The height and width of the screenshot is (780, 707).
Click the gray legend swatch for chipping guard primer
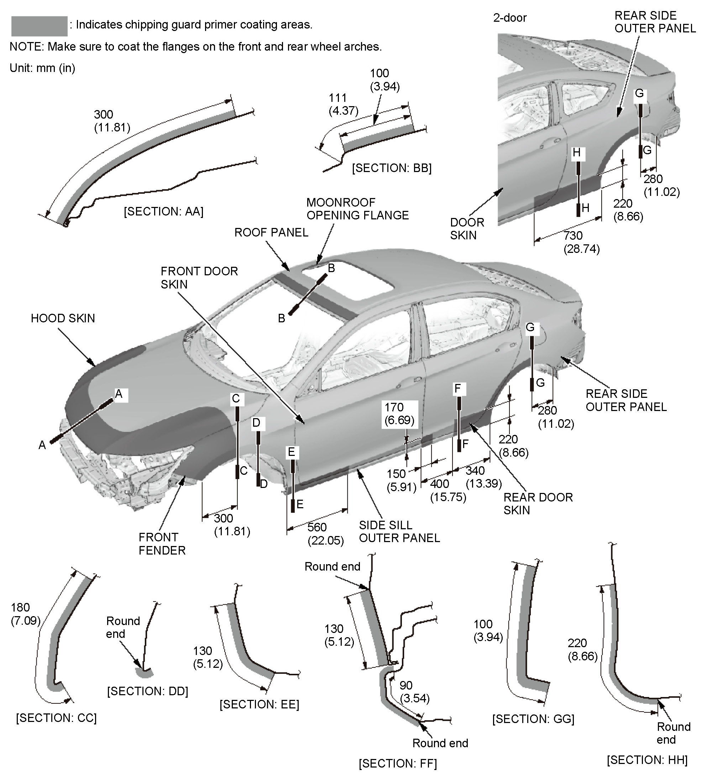[x=39, y=26]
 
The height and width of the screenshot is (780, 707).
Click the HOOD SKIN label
[x=63, y=318]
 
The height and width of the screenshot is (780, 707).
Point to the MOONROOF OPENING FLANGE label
[x=357, y=209]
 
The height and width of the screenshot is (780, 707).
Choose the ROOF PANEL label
[x=271, y=233]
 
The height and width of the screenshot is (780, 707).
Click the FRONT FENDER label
[x=162, y=544]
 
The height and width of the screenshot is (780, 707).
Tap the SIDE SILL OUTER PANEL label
[x=399, y=532]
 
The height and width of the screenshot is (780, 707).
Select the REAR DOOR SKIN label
[x=538, y=504]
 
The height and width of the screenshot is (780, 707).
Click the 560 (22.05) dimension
[x=325, y=534]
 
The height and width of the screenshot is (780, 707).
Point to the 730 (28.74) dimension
[x=581, y=242]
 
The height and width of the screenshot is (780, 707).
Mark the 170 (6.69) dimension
[x=399, y=414]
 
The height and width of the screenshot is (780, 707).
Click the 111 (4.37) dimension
[x=343, y=104]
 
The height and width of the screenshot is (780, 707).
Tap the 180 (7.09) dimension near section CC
[x=26, y=614]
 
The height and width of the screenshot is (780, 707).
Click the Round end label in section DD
[x=122, y=627]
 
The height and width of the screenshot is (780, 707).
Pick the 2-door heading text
[x=510, y=18]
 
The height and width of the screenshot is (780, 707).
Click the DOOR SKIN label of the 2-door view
[x=467, y=229]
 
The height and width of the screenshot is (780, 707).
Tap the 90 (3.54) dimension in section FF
[x=415, y=691]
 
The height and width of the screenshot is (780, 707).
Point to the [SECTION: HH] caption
[x=647, y=760]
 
